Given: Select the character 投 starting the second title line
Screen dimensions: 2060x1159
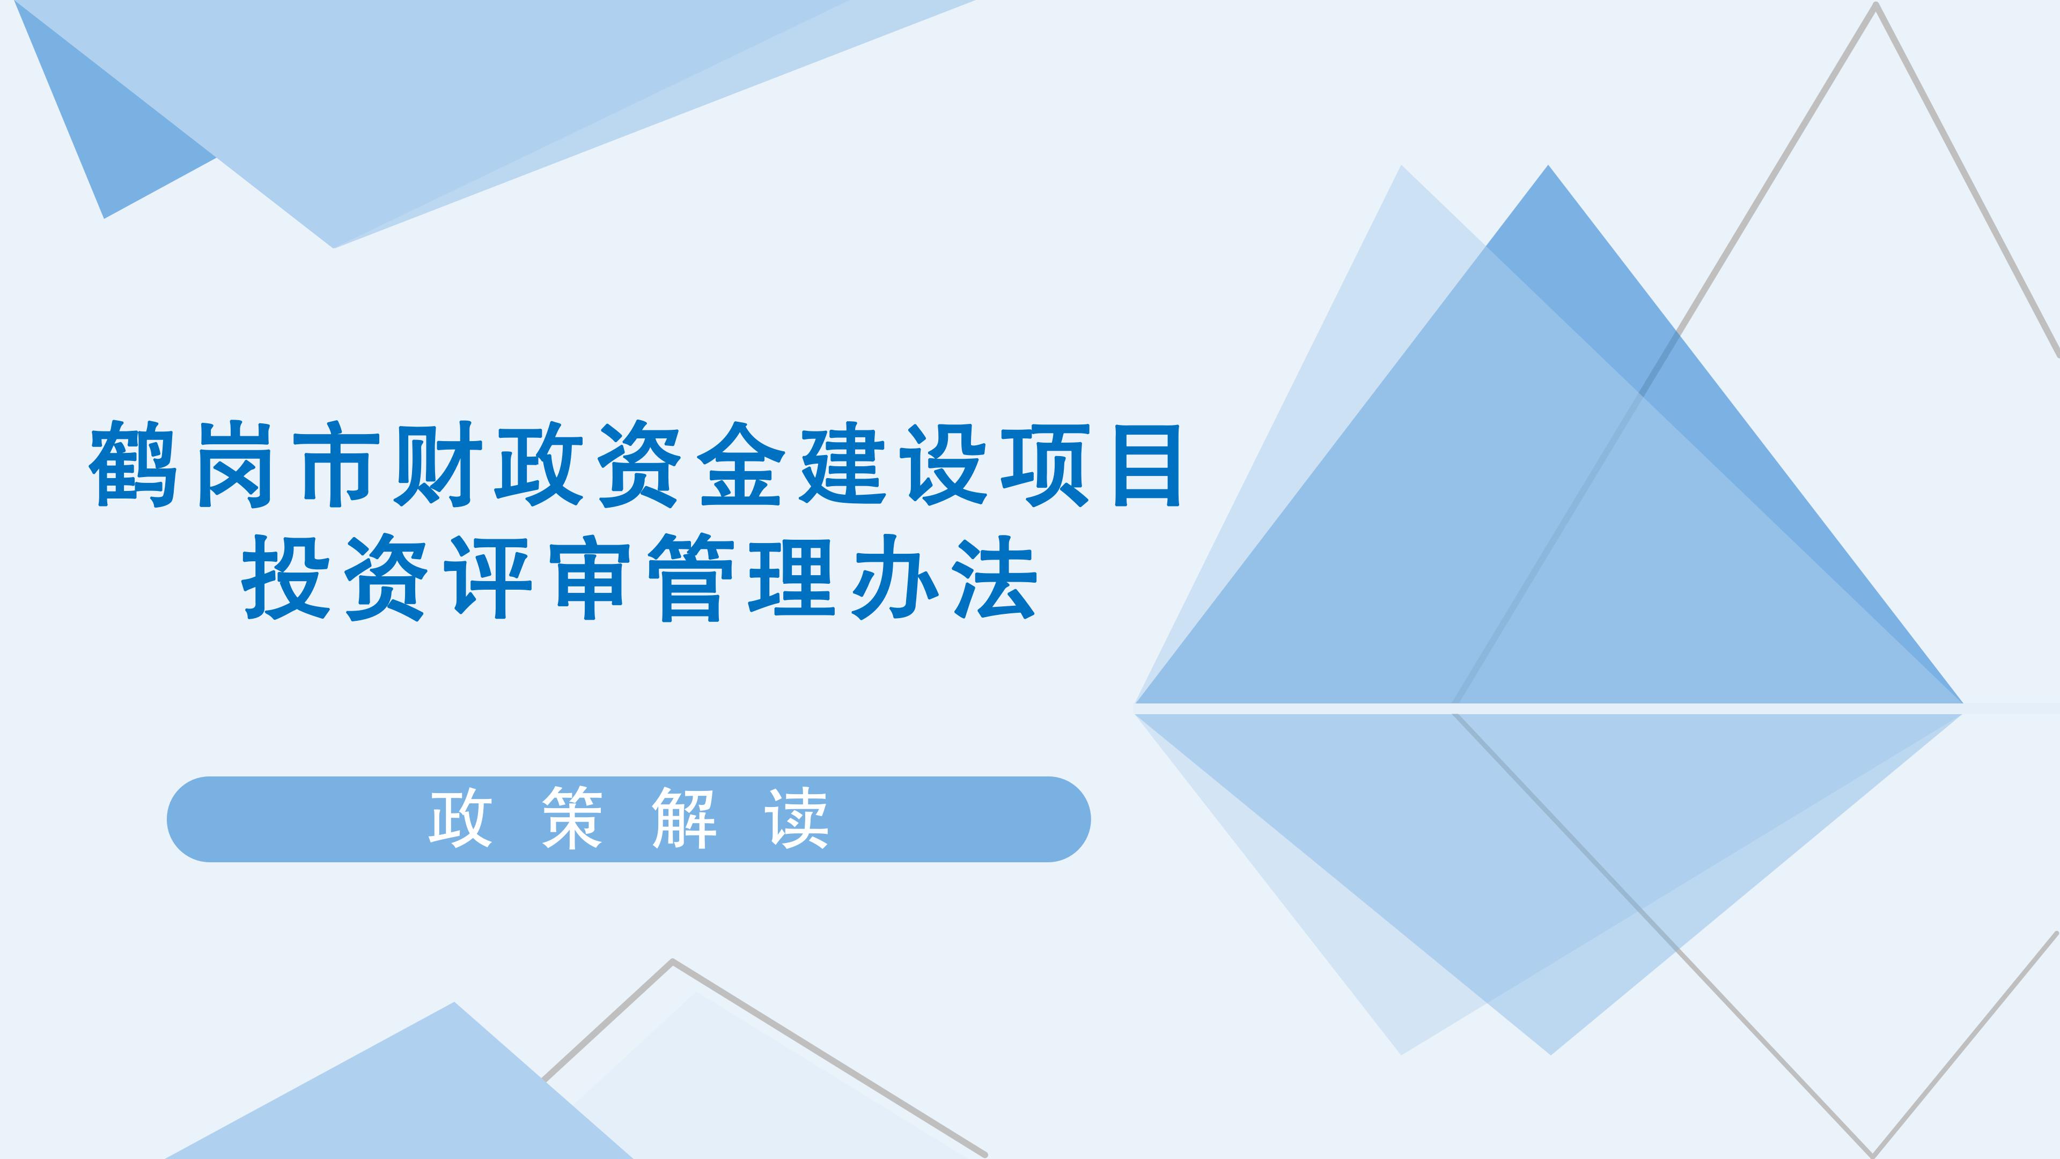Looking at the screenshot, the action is pyautogui.click(x=285, y=577).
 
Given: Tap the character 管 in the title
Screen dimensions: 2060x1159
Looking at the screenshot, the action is pyautogui.click(x=691, y=577).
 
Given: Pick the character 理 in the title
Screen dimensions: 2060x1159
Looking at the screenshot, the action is pyautogui.click(x=792, y=577).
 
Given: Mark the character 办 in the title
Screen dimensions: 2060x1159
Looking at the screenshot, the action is pyautogui.click(x=894, y=577).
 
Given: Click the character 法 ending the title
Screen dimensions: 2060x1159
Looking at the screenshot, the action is pyautogui.click(x=995, y=577).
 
